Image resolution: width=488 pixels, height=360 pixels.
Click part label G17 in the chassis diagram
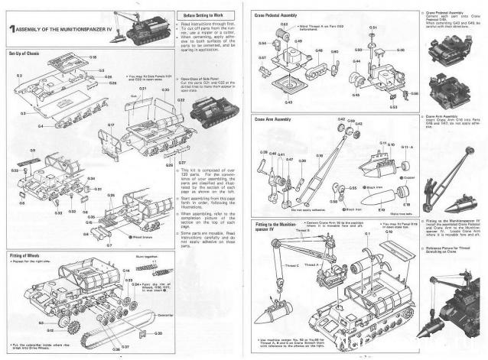pyautogui.click(x=111, y=125)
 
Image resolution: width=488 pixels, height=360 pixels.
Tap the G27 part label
pyautogui.click(x=182, y=163)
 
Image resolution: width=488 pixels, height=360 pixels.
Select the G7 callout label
pyautogui.click(x=109, y=245)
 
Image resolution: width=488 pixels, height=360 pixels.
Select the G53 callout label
pyautogui.click(x=392, y=107)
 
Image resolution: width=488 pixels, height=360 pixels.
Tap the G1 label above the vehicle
pyautogui.click(x=367, y=233)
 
